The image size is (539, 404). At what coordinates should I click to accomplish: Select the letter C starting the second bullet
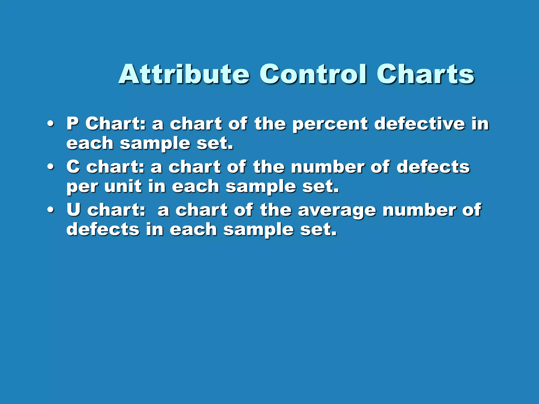(x=73, y=166)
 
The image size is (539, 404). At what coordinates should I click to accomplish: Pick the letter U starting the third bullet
(x=73, y=210)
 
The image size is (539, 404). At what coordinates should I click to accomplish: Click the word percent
(x=330, y=124)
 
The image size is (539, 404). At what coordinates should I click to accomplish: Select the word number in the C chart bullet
(x=327, y=167)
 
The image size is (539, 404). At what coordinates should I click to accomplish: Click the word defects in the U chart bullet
(x=103, y=229)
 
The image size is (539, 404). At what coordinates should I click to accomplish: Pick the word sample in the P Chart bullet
(x=155, y=144)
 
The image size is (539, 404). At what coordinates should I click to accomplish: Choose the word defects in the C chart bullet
(x=433, y=167)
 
